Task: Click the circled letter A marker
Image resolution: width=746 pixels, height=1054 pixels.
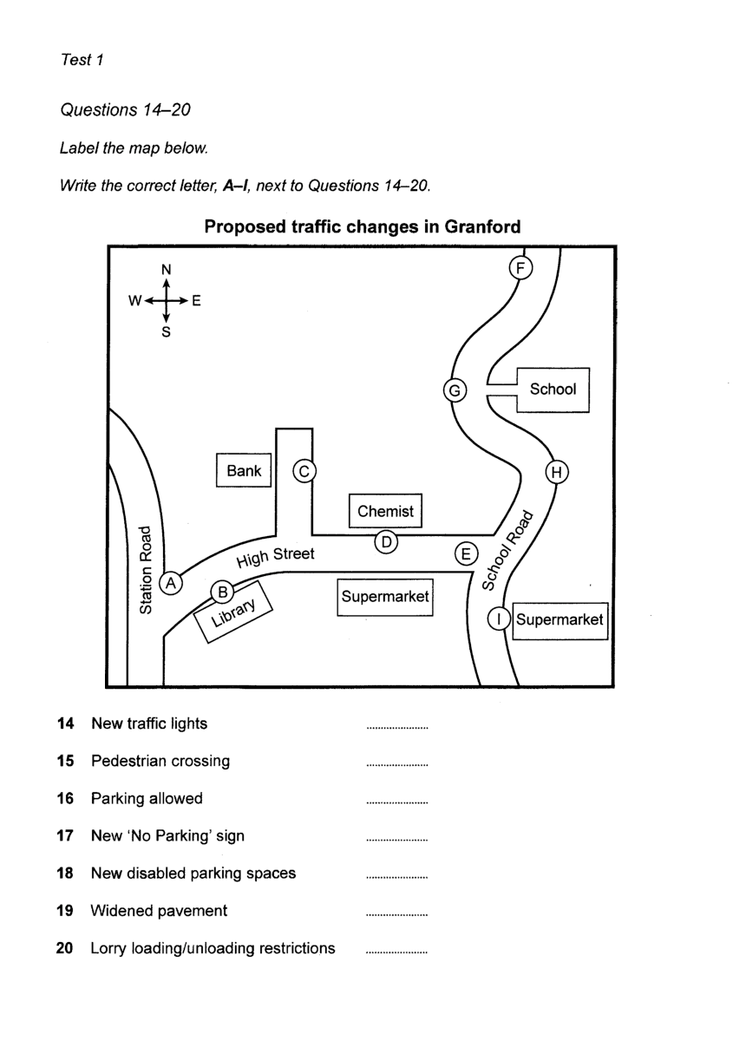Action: (172, 583)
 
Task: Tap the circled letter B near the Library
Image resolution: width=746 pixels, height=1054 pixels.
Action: (223, 592)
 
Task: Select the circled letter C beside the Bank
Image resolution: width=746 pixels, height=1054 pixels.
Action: (304, 471)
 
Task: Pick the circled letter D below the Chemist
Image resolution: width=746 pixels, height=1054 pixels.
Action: (387, 542)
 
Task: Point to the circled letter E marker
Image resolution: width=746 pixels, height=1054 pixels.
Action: (467, 553)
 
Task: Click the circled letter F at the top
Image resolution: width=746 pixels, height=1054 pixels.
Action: (520, 267)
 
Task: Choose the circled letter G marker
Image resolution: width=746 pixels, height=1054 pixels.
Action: (454, 390)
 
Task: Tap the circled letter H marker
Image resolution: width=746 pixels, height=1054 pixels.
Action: (557, 472)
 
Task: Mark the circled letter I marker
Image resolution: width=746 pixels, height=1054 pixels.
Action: (499, 619)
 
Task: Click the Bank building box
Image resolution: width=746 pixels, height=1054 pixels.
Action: (244, 471)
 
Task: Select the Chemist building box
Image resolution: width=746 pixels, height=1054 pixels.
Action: (386, 511)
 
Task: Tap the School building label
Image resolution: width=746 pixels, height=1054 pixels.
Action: (553, 390)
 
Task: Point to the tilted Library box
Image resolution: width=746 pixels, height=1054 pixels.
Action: (232, 614)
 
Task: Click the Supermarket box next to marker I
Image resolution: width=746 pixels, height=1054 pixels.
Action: (559, 620)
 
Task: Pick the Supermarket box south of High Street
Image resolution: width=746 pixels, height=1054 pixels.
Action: (385, 598)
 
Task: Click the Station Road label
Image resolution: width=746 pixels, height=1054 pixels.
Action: (147, 569)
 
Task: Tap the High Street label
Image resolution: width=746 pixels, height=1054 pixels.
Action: (275, 557)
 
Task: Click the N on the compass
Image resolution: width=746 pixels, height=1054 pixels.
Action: (167, 270)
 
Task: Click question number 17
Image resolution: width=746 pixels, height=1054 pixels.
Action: (64, 836)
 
